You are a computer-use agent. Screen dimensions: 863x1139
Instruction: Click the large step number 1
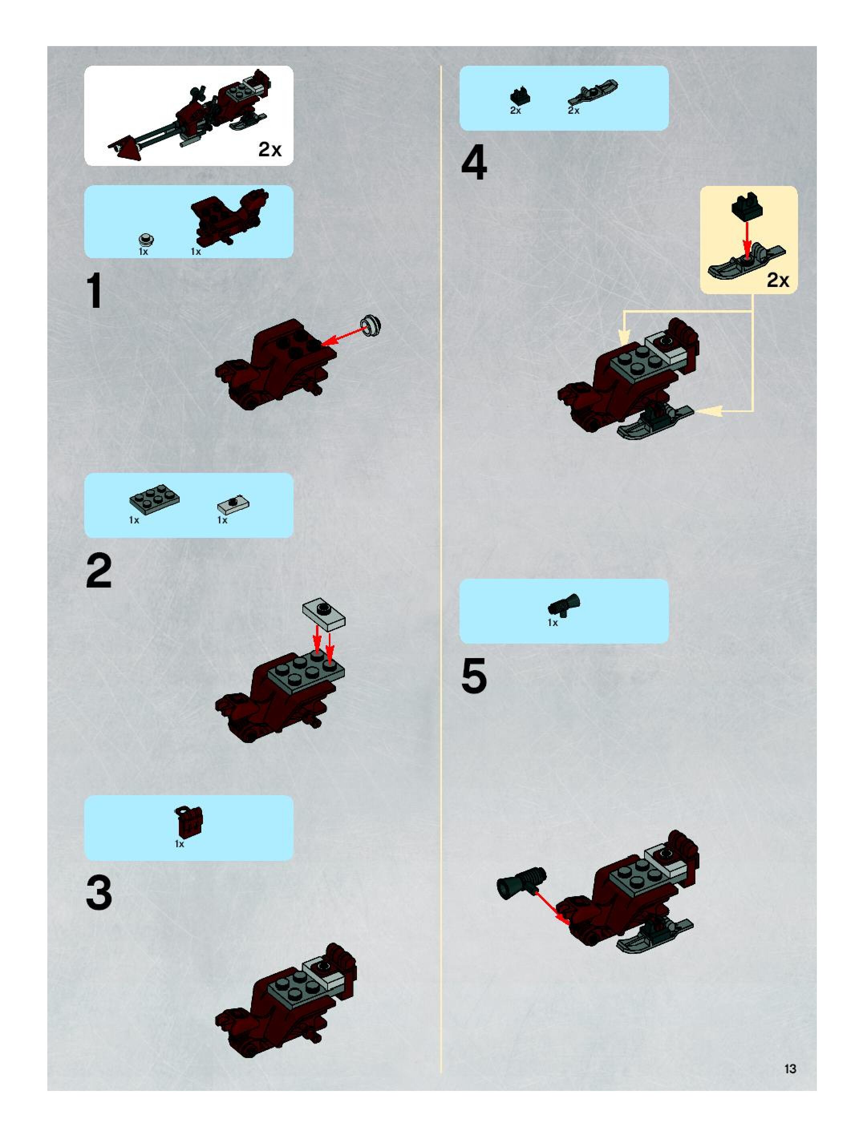(x=95, y=291)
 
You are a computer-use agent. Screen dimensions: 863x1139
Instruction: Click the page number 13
(x=790, y=1069)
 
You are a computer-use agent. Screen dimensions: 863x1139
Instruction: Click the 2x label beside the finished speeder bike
(x=270, y=149)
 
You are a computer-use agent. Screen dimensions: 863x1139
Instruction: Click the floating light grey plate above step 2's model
(x=324, y=614)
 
